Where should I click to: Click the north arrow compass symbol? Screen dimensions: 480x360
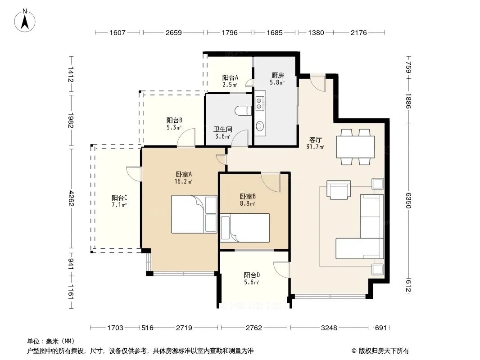pos(25,20)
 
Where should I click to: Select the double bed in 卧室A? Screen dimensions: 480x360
pos(194,214)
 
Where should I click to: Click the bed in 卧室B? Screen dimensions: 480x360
pos(245,228)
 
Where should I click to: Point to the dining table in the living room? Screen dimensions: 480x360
pos(355,147)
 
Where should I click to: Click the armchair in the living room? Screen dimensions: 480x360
pos(339,189)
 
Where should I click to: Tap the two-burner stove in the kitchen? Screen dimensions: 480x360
pos(260,103)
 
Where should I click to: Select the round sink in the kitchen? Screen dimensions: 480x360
pos(260,126)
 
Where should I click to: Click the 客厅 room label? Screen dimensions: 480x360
pos(315,140)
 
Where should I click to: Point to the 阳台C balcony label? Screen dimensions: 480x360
pos(119,198)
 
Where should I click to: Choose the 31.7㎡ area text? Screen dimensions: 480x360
pos(315,147)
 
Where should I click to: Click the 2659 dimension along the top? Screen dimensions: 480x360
pos(173,33)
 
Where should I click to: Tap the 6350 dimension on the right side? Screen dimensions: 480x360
pos(408,200)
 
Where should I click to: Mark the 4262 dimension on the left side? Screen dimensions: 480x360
pos(71,198)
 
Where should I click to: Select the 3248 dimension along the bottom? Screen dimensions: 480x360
pos(329,328)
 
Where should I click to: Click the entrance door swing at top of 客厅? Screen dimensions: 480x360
pos(318,83)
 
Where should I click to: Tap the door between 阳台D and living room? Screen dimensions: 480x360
pos(281,270)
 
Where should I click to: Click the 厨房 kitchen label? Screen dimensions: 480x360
pos(278,75)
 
